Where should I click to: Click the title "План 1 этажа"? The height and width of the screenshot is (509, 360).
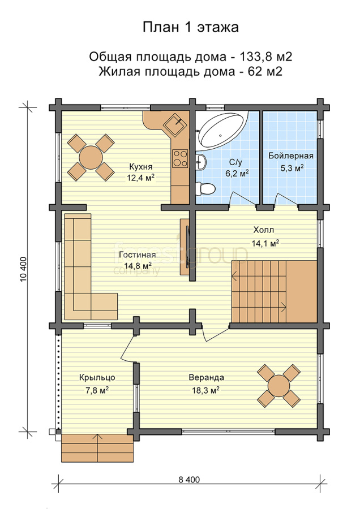191,27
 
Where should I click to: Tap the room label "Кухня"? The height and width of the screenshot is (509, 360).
141,167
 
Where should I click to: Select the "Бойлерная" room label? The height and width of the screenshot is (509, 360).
291,156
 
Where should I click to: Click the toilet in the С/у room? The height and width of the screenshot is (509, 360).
205,188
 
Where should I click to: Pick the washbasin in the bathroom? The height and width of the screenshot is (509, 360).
202,161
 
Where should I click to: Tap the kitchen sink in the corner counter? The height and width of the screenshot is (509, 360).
175,124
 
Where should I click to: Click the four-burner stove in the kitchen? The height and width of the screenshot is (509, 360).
180,158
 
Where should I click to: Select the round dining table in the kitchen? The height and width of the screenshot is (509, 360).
91,157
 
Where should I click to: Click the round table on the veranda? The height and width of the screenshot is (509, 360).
278,385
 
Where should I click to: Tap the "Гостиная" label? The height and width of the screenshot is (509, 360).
137,255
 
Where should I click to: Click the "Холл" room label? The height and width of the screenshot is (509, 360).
264,230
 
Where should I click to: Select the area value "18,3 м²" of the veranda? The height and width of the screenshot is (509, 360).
205,390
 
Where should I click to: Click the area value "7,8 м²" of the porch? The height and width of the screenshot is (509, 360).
97,390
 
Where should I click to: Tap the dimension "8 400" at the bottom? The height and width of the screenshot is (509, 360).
189,480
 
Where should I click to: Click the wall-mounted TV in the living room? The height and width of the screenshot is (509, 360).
187,247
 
